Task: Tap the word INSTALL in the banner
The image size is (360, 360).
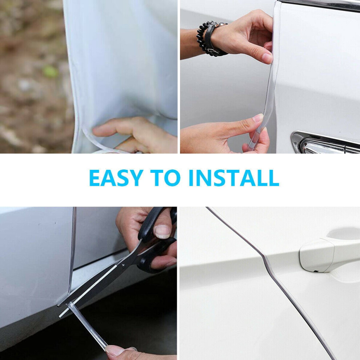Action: point(234,178)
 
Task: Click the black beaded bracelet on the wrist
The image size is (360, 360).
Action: point(204,39)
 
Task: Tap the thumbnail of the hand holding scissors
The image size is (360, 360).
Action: point(162,231)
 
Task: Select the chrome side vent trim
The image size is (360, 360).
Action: point(324,142)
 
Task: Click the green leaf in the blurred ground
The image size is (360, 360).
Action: point(50,72)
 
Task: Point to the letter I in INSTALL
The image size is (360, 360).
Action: point(191,178)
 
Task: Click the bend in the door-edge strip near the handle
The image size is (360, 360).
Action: point(264,257)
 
